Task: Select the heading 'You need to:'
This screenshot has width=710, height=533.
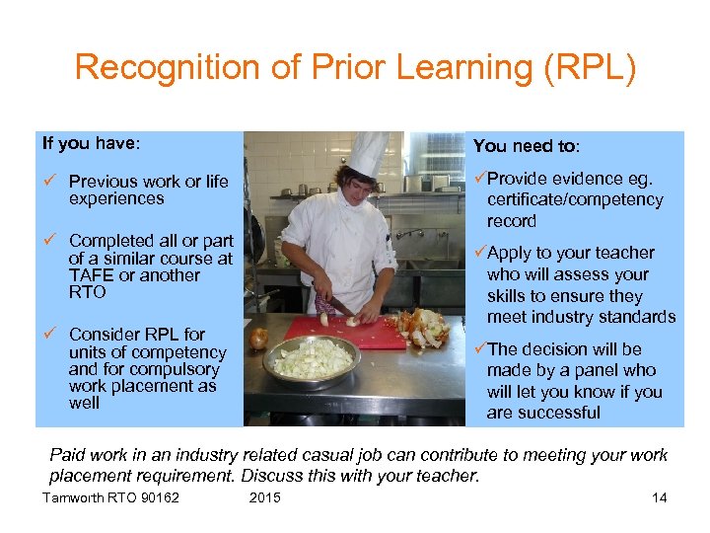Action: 527,146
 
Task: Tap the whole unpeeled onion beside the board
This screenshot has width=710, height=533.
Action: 258,339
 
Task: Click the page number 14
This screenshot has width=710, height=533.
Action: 659,497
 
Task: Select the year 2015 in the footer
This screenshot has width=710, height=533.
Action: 264,497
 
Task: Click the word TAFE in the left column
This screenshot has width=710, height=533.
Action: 90,275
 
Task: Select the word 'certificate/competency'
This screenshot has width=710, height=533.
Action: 575,200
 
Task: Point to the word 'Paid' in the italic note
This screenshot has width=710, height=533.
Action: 68,455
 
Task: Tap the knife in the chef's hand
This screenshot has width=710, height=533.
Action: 343,306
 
